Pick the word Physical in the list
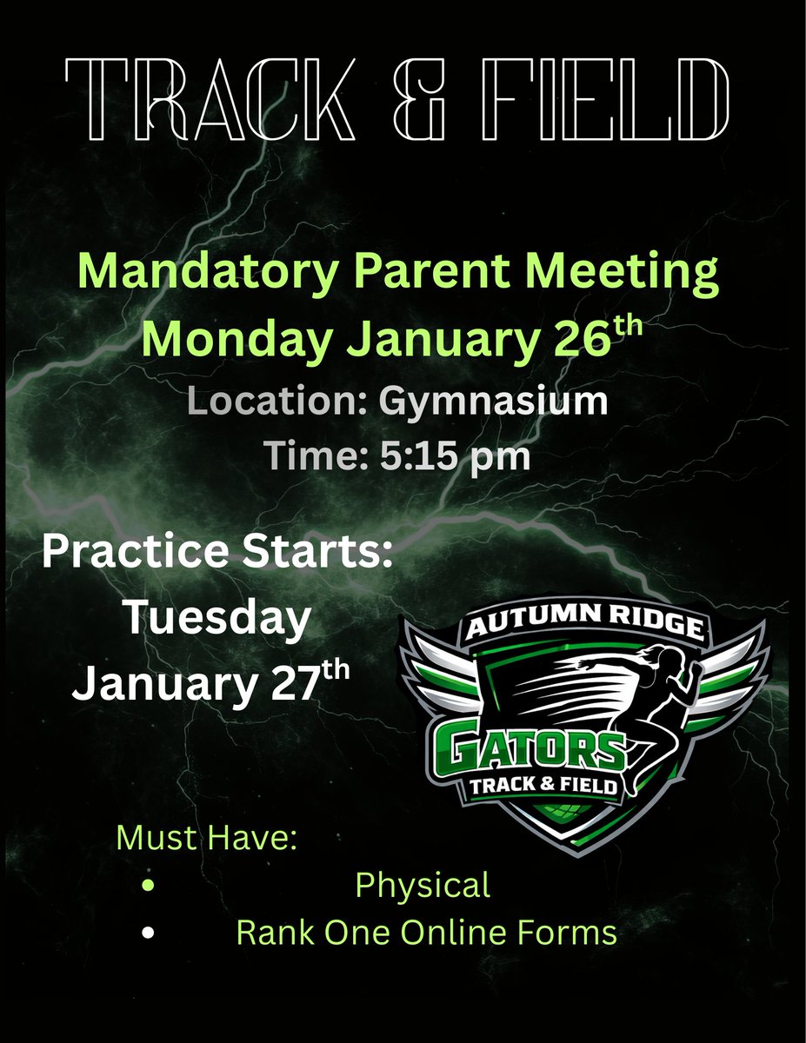click(x=423, y=886)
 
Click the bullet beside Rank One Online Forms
click(x=150, y=933)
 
